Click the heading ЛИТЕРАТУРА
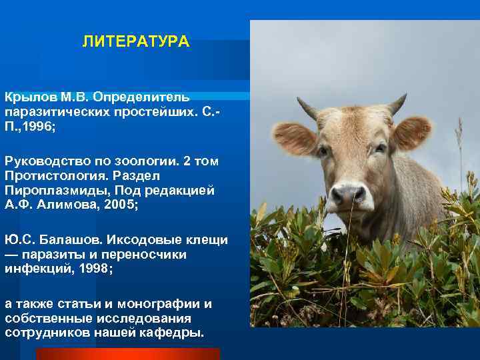pyautogui.click(x=136, y=43)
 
